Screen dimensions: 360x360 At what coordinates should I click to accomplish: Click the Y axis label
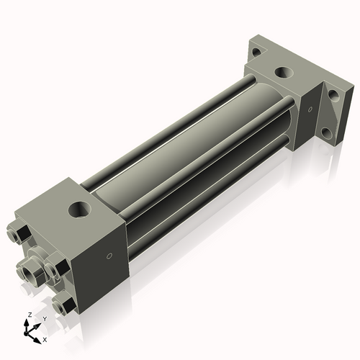tap(44, 318)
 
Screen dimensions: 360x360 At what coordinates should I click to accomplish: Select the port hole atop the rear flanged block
tap(284, 73)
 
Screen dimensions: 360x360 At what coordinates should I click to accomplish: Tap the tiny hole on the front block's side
tap(109, 255)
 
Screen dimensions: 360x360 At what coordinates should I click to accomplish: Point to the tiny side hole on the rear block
tap(310, 109)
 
